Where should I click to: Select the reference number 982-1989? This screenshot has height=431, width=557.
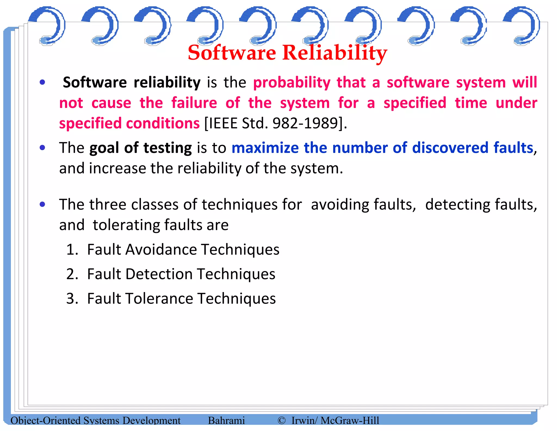305,123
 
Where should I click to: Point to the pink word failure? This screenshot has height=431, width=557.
194,103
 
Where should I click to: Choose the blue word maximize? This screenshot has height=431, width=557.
265,148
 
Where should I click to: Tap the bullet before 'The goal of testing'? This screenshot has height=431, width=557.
42,148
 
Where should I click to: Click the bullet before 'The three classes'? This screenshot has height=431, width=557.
42,204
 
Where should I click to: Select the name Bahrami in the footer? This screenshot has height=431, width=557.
226,421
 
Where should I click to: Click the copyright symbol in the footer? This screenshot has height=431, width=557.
281,421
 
